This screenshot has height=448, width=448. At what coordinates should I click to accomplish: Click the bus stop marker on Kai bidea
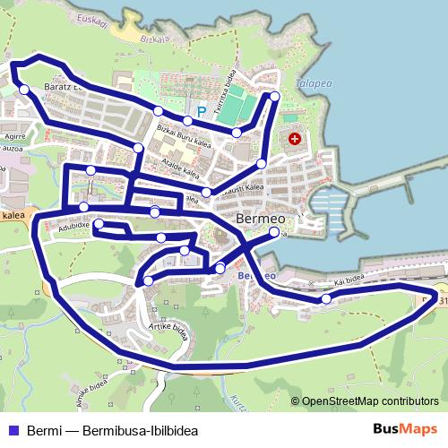tap(326, 298)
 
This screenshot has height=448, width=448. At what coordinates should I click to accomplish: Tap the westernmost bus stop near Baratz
tap(24, 89)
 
